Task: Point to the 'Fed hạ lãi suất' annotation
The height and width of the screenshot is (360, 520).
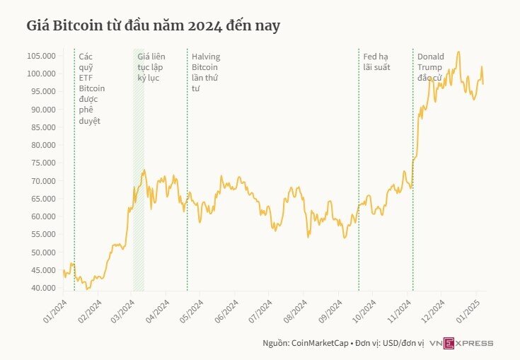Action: [x=376, y=62]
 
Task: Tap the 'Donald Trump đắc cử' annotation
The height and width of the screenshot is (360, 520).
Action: [x=430, y=66]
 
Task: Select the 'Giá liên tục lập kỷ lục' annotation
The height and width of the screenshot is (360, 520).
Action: [x=149, y=66]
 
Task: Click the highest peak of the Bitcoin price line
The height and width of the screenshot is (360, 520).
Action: [x=458, y=52]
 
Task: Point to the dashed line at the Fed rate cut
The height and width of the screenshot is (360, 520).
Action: [x=359, y=177]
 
